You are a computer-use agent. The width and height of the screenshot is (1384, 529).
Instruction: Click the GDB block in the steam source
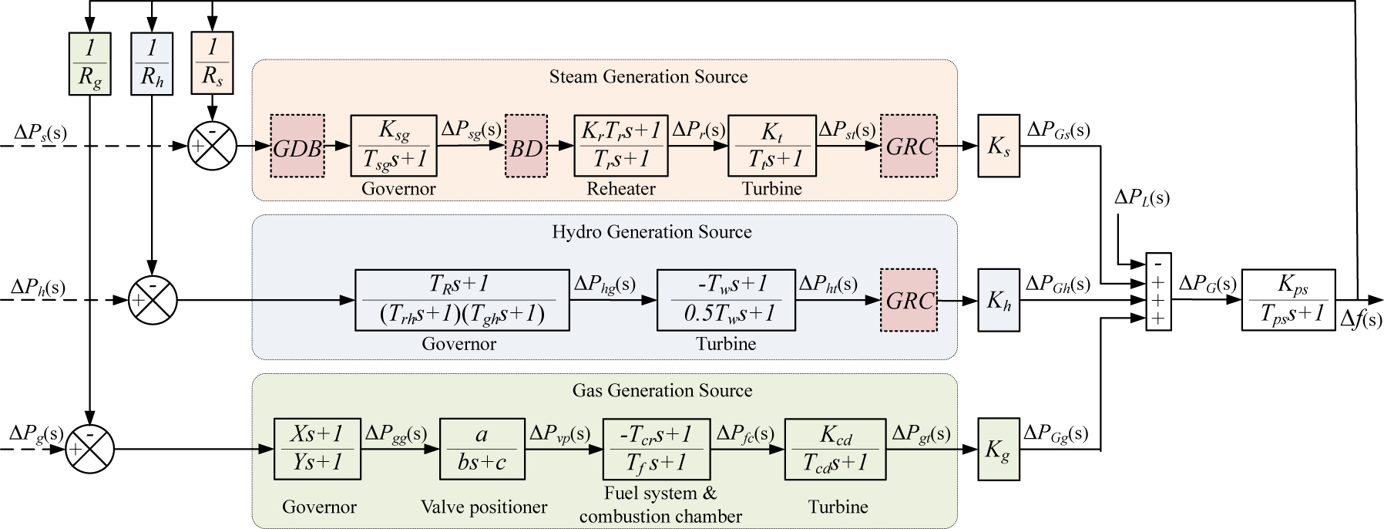click(x=297, y=146)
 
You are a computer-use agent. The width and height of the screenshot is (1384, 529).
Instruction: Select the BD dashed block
click(x=526, y=146)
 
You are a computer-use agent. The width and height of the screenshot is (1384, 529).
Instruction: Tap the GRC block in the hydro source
click(x=909, y=300)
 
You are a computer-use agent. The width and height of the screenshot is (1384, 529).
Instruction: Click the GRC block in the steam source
click(x=909, y=146)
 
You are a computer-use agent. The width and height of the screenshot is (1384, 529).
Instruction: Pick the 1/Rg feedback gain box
click(x=89, y=63)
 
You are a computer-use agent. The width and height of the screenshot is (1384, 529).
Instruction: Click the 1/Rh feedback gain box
click(x=152, y=63)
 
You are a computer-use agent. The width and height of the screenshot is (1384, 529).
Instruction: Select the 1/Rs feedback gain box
click(x=212, y=63)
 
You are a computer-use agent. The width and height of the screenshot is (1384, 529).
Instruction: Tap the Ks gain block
click(x=999, y=146)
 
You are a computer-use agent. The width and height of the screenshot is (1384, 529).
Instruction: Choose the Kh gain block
click(x=999, y=300)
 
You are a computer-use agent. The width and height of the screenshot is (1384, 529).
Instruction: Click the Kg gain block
click(x=998, y=450)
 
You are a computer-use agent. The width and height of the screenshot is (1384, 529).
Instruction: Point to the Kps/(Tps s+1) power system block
click(x=1288, y=300)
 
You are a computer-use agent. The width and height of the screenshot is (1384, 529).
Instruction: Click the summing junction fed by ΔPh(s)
click(x=153, y=300)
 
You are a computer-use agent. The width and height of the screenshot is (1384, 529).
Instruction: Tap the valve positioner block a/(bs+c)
click(x=481, y=449)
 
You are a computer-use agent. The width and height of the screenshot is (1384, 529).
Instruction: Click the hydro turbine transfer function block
click(x=726, y=300)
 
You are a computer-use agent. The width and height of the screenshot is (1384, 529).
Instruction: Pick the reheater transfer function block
click(x=620, y=146)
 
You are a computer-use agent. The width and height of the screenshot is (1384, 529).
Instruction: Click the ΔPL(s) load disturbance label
click(x=1141, y=198)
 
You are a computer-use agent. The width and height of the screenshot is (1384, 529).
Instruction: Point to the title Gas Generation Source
click(x=662, y=390)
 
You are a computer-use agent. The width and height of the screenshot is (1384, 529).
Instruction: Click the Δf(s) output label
click(x=1361, y=319)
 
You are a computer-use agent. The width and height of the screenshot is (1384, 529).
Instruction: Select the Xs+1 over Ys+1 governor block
click(x=317, y=449)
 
